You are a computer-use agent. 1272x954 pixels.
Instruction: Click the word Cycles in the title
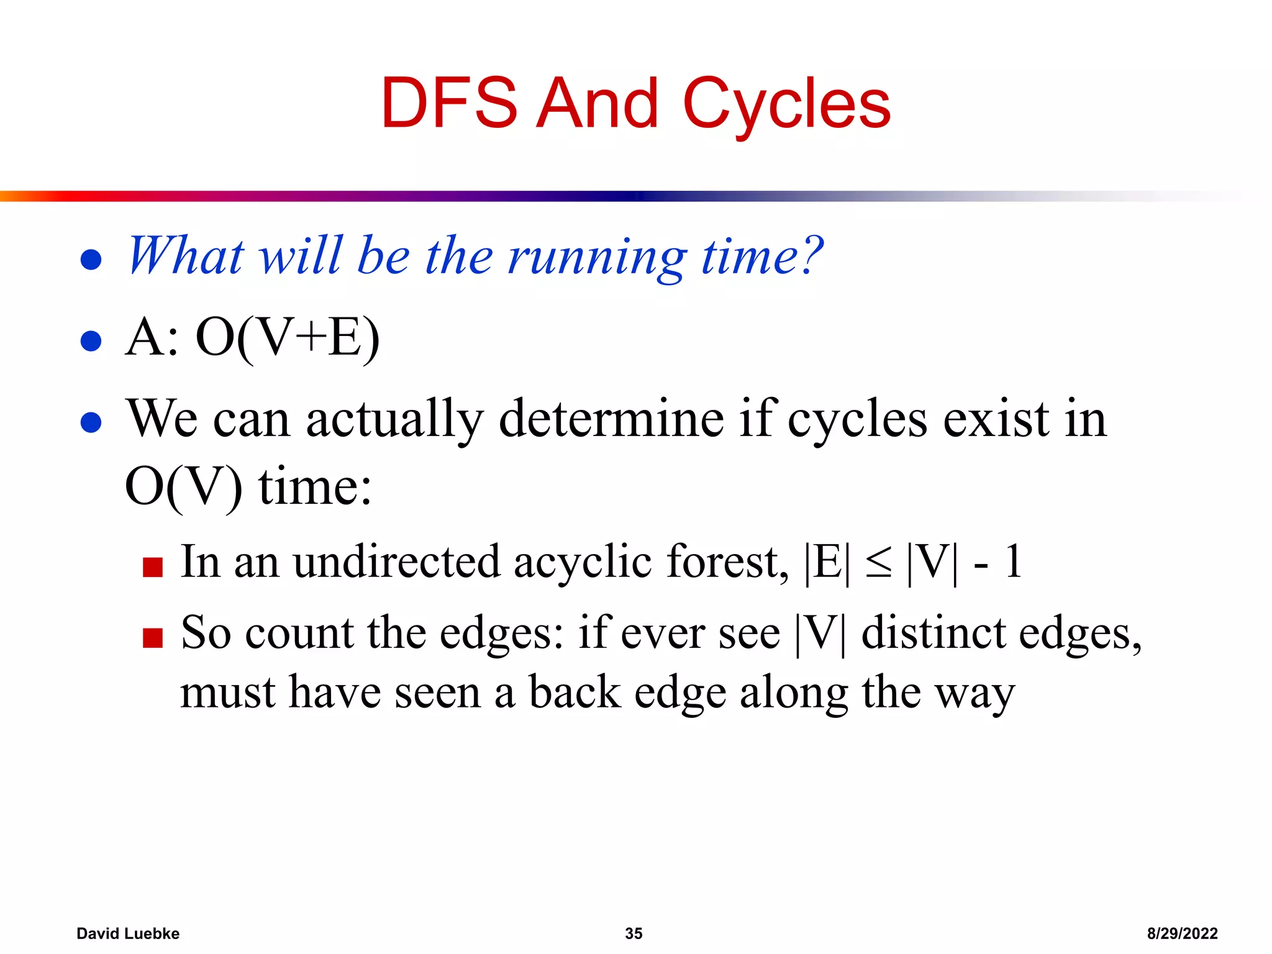(x=786, y=104)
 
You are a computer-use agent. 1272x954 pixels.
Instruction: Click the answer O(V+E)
(x=287, y=338)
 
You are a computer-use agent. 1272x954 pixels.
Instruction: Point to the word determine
(x=611, y=419)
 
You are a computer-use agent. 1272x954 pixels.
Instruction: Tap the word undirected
(x=396, y=562)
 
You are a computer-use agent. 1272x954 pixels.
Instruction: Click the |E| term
(x=826, y=563)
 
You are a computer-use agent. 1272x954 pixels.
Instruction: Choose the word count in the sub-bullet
(x=299, y=634)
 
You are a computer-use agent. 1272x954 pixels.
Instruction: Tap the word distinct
(x=934, y=634)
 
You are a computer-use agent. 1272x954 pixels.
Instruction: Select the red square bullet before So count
(x=152, y=638)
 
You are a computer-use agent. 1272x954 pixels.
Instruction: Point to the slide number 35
(x=634, y=933)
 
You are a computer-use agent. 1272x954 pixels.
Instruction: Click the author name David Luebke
(x=128, y=933)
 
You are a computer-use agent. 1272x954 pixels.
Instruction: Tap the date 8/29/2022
(x=1182, y=933)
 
